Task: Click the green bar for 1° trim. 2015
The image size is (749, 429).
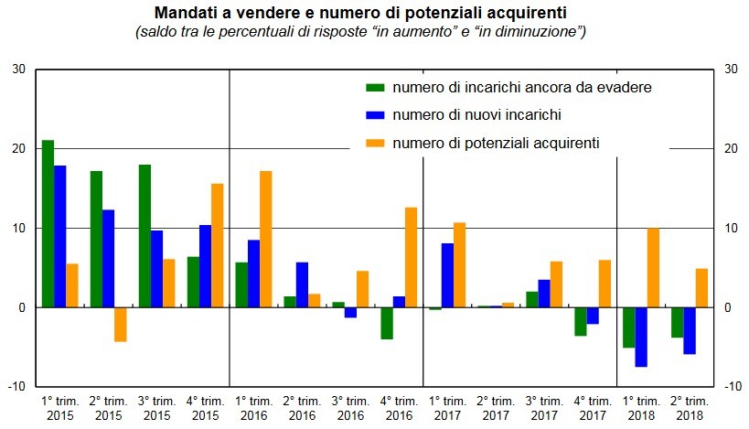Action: (48, 224)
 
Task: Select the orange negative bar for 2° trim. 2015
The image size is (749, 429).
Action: (120, 325)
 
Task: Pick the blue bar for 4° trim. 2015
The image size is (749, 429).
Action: (205, 266)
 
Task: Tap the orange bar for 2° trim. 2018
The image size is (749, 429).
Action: (702, 288)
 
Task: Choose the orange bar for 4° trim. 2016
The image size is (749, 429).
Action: (411, 257)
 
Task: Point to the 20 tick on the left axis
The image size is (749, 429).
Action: (19, 148)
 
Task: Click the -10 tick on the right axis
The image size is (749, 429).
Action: (731, 387)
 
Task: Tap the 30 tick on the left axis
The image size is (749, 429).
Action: (19, 69)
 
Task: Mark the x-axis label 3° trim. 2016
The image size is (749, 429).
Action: (350, 408)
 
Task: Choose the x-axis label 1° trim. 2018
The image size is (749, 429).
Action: (641, 408)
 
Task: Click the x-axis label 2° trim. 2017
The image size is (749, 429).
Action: (496, 408)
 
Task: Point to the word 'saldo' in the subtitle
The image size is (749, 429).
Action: (155, 32)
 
